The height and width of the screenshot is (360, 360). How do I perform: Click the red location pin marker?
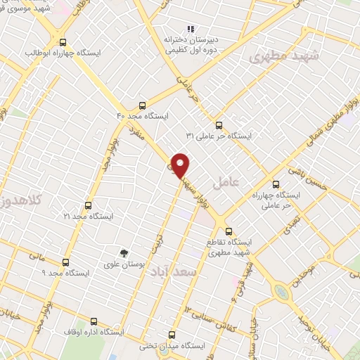(x=181, y=165)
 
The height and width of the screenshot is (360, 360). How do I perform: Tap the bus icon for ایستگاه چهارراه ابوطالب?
(x=64, y=42)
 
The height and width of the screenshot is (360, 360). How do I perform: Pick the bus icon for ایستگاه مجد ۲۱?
(x=88, y=205)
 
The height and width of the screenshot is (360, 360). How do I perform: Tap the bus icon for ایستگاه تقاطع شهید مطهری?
(x=228, y=231)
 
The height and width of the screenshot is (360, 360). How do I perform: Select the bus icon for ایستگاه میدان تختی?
(x=172, y=335)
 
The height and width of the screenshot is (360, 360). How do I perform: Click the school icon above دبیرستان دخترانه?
(x=190, y=29)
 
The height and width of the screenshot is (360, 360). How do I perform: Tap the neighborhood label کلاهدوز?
(x=17, y=200)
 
